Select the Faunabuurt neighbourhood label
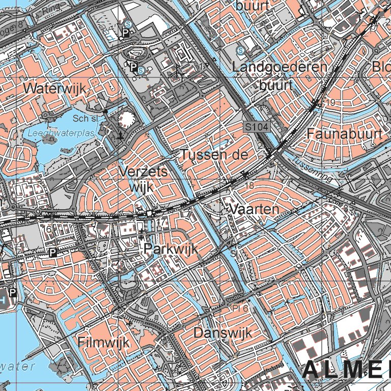(345, 134)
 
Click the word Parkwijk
(170, 249)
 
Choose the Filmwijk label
(104, 342)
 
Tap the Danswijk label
(223, 333)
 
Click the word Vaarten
(255, 209)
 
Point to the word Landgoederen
(280, 67)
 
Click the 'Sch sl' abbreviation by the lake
(85, 118)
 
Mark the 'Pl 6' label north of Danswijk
(240, 309)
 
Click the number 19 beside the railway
(331, 103)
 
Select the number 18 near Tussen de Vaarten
(249, 186)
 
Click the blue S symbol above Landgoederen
(241, 50)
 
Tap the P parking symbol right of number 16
(52, 253)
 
